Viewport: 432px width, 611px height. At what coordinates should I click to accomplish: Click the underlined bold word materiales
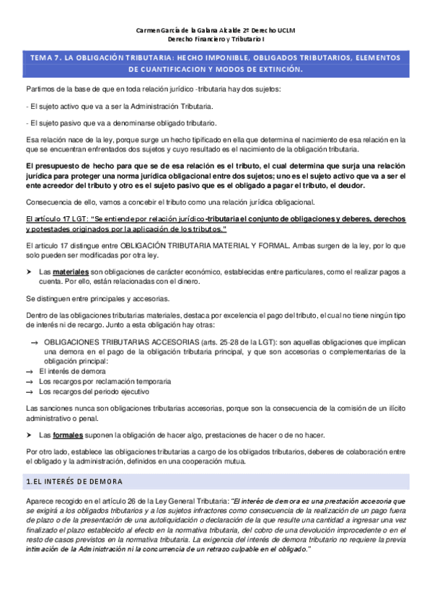pos(71,272)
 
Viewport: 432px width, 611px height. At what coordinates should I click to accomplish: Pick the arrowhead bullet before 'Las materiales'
pos(30,272)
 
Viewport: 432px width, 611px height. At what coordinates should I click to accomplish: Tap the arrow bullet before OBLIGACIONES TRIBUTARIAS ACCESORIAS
pos(33,342)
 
